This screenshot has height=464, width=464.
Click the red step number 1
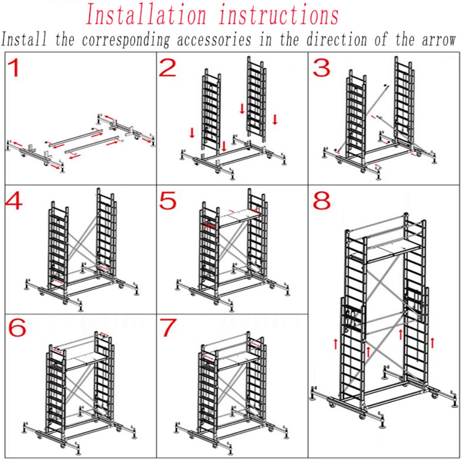[14, 69]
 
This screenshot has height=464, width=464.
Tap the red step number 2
[168, 68]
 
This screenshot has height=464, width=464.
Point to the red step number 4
[14, 202]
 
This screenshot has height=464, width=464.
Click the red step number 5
[168, 201]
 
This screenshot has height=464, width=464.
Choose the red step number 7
[168, 328]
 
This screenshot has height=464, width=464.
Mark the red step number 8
[322, 201]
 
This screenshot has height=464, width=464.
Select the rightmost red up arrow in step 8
[432, 342]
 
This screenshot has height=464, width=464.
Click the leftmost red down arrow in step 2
[192, 133]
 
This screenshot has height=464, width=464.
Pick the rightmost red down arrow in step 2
[275, 120]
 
